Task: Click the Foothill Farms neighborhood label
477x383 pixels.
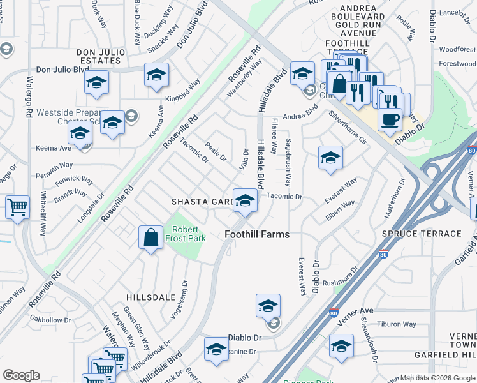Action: [x=257, y=234]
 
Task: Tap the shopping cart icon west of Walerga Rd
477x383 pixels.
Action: [x=17, y=206]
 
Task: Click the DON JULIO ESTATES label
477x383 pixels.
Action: [x=99, y=56]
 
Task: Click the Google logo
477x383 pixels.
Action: [x=21, y=375]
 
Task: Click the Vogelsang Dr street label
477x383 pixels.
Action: [x=178, y=299]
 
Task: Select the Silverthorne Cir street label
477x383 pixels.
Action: [x=348, y=128]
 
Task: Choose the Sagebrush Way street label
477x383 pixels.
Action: [x=289, y=158]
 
